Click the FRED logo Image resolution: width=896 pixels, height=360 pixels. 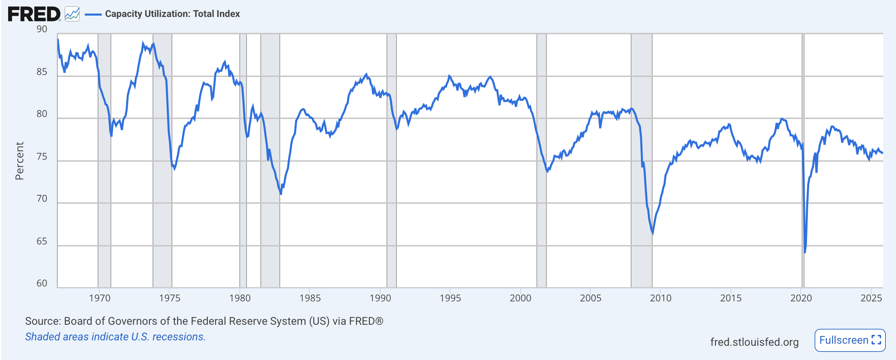click(x=34, y=14)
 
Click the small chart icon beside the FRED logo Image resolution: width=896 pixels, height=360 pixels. click(x=72, y=14)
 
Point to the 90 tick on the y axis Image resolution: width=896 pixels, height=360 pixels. click(x=42, y=29)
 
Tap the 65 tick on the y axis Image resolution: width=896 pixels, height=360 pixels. click(x=42, y=241)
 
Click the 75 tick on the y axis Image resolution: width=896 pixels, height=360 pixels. click(x=42, y=157)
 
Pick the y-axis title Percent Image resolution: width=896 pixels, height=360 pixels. click(x=19, y=161)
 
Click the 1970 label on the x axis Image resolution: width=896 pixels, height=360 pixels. click(x=99, y=298)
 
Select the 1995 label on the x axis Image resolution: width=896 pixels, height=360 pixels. click(x=450, y=298)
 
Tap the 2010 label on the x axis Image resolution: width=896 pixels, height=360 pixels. click(x=661, y=298)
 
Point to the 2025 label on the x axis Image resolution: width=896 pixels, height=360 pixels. click(x=871, y=298)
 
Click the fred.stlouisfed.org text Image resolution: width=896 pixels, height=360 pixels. click(x=754, y=342)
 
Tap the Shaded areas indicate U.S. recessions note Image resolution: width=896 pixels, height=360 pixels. click(x=115, y=337)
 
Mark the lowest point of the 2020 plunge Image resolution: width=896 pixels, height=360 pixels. click(x=805, y=252)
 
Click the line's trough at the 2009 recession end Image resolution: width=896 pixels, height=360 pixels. click(x=652, y=233)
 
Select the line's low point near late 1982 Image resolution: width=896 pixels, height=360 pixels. click(x=281, y=194)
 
